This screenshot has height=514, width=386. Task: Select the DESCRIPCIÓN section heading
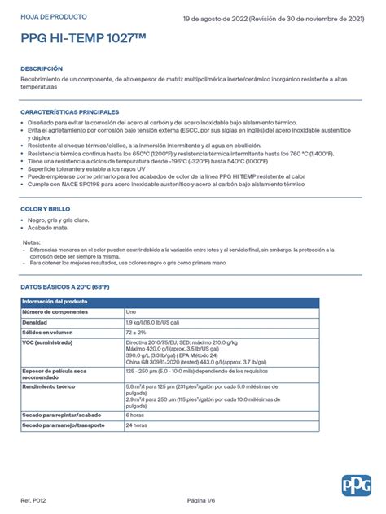tap(42, 68)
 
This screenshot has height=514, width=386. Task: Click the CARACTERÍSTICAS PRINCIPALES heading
tap(70, 112)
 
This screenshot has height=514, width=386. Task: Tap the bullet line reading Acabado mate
tap(48, 229)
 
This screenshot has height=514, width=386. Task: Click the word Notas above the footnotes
tap(32, 242)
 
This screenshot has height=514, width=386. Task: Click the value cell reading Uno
tap(132, 312)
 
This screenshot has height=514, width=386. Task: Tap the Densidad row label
tap(36, 323)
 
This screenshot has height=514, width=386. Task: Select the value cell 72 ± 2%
tap(137, 333)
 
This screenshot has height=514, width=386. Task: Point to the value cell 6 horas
tap(136, 415)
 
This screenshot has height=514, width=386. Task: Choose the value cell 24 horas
tap(138, 425)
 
